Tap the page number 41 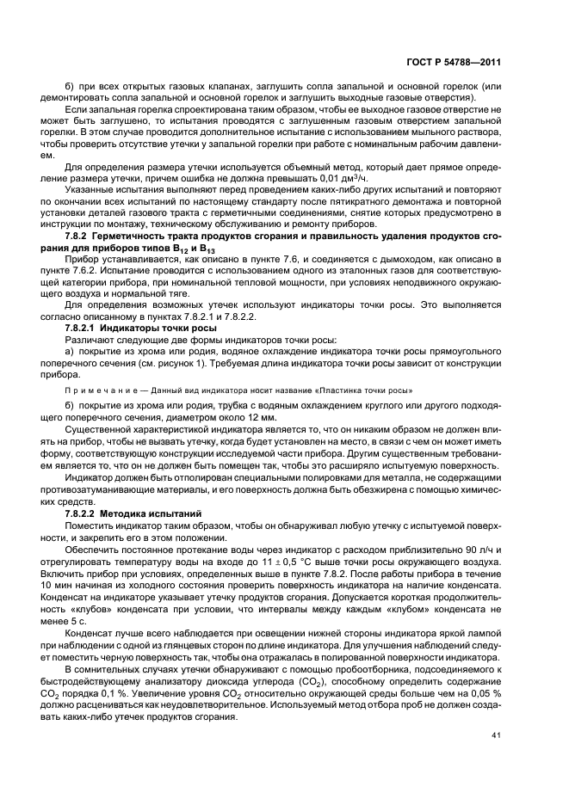[497, 735]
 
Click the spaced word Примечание [100, 390]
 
